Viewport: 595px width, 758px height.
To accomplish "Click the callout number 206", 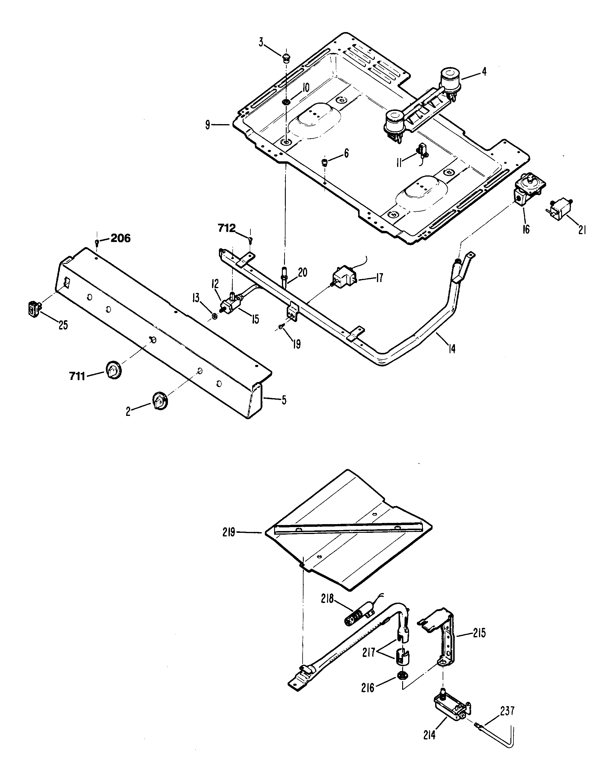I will [121, 238].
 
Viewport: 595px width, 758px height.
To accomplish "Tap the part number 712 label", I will [227, 228].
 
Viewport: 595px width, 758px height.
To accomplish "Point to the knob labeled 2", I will [159, 401].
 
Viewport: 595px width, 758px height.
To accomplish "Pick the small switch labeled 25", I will [33, 309].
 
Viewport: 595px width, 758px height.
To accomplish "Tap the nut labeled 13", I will [215, 316].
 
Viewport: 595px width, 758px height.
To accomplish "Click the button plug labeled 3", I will [286, 57].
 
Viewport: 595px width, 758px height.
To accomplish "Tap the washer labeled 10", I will [286, 102].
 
